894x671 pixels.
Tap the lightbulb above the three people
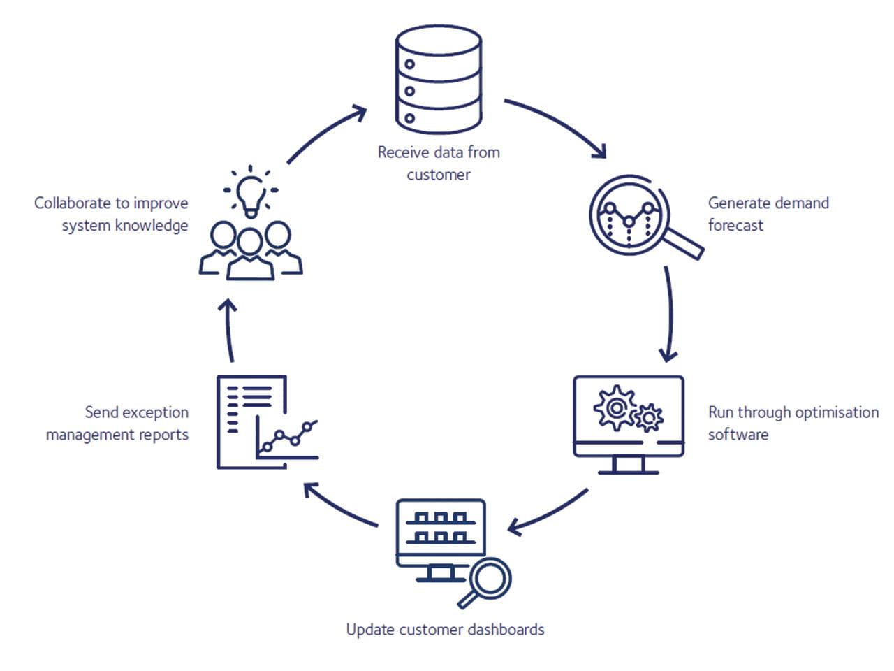251,192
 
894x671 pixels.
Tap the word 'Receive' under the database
402,152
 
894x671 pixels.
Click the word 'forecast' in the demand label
735,225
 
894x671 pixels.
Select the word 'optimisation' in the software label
837,412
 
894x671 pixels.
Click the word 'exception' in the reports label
156,412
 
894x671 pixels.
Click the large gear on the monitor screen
615,407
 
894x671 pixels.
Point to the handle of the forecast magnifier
684,245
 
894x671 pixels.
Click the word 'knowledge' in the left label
152,226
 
